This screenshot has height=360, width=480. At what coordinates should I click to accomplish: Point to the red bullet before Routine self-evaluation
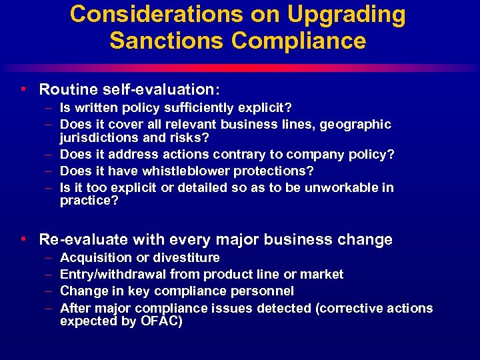pos(24,89)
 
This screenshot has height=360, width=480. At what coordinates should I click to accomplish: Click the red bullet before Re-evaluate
pos(24,239)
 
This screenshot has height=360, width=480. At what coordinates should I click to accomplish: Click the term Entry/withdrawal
pos(113,275)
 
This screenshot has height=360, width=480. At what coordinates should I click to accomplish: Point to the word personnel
pos(261,291)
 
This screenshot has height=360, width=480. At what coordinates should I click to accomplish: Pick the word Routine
pos(67,89)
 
